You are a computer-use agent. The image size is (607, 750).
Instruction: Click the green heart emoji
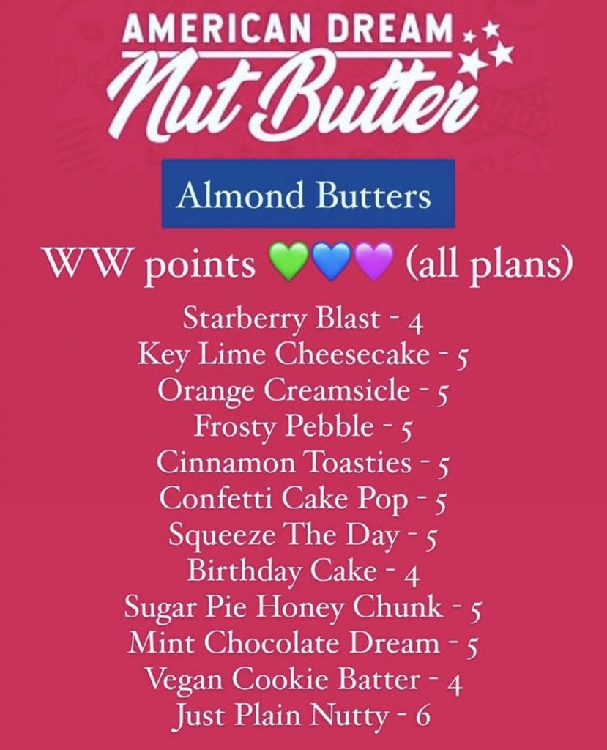[x=290, y=261]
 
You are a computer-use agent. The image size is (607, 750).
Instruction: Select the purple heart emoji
[x=375, y=261]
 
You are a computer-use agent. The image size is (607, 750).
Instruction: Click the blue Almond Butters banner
[x=308, y=193]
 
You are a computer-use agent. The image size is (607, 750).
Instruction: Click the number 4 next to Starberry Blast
[x=417, y=325]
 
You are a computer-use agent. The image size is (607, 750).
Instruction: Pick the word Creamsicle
[x=337, y=390]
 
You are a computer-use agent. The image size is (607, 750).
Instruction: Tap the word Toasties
[x=358, y=462]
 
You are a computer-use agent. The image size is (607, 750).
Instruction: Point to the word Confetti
[x=217, y=498]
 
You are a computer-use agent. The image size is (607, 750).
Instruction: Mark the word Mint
[x=163, y=643]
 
